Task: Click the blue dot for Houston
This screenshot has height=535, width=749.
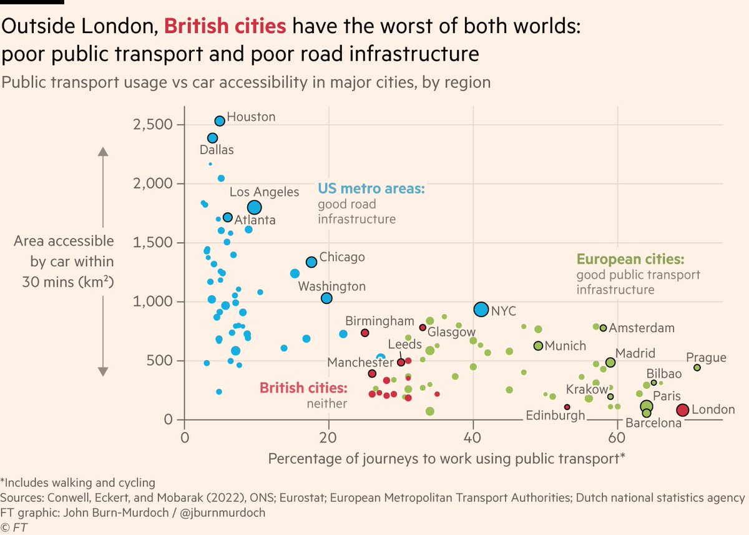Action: point(220,121)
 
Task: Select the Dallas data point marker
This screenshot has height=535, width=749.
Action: point(212,138)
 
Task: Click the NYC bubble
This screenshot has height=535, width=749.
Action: point(481,309)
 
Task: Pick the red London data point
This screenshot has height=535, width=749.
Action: point(682,410)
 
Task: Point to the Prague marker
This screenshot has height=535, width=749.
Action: point(697,368)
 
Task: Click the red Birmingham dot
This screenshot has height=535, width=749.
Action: point(365,333)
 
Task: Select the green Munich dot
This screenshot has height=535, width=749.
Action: point(538,346)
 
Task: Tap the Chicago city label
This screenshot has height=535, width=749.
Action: point(342,257)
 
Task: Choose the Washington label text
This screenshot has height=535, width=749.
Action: point(331,287)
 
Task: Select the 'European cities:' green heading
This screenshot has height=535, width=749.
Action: point(630,260)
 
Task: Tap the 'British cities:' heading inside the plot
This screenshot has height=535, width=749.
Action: point(303,388)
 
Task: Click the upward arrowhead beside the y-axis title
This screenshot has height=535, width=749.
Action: point(104,152)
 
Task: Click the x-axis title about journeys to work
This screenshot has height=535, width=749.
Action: point(447,459)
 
